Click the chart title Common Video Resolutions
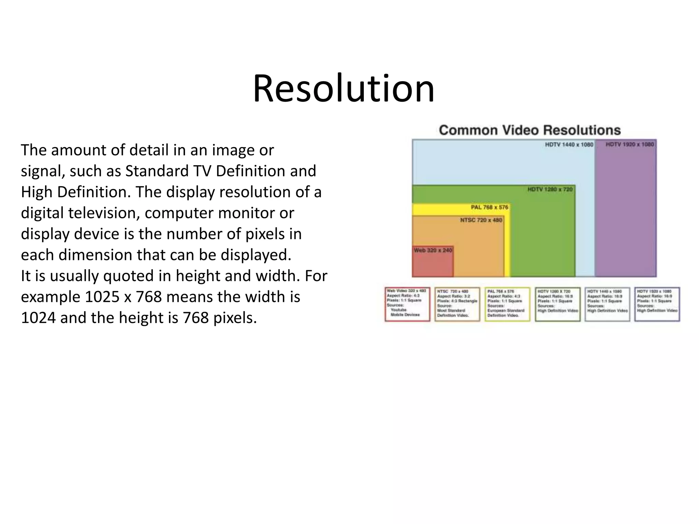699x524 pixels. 529,130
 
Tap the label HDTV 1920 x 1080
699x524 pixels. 629,145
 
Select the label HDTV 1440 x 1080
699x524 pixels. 569,145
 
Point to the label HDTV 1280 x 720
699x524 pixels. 550,189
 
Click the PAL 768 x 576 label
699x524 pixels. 489,207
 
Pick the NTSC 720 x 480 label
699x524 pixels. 481,220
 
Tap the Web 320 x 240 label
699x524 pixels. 433,250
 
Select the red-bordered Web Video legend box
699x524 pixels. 407,304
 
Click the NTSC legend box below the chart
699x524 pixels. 457,304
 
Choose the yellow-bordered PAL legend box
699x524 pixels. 507,304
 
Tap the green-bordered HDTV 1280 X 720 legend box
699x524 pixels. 557,304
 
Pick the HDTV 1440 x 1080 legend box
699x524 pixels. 607,304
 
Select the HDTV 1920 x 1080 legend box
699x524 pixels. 657,304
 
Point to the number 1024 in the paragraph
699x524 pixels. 38,318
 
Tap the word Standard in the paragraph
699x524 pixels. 157,171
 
